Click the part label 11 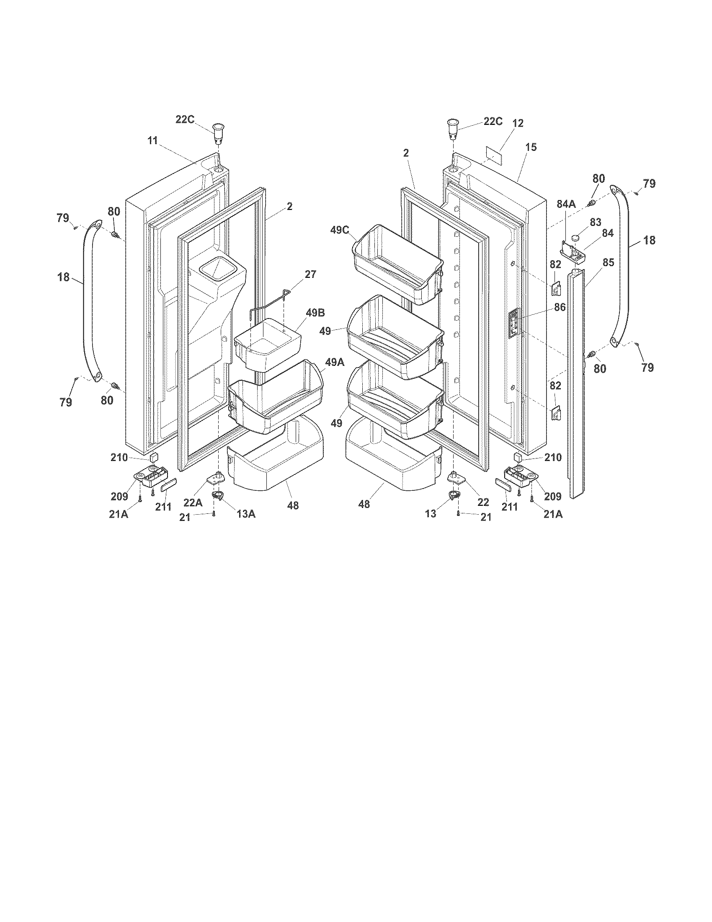152,140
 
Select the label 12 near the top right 518,123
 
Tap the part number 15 531,148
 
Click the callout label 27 310,275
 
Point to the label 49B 316,313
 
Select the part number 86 560,308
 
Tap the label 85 608,263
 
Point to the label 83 596,222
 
